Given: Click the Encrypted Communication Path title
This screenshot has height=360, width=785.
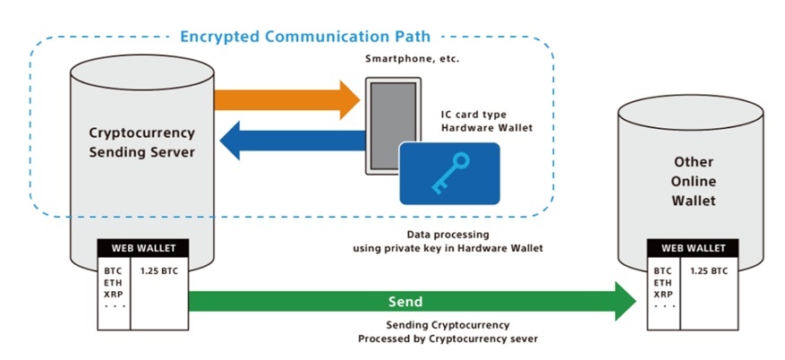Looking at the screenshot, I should (x=305, y=37).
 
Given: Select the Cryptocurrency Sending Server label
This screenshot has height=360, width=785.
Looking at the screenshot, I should (x=141, y=141).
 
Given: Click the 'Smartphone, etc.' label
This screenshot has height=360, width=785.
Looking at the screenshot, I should (x=407, y=59).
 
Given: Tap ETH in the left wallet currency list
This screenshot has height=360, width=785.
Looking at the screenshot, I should (x=113, y=281).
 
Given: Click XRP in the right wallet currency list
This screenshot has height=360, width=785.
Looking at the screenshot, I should (x=663, y=294).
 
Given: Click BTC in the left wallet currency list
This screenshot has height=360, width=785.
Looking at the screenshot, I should (x=113, y=269).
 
